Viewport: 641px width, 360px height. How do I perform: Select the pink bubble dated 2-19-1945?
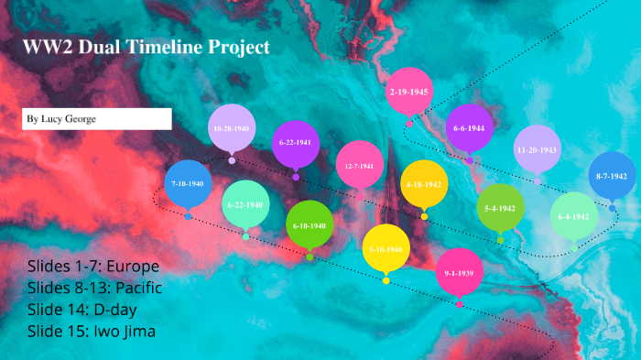point(409,92)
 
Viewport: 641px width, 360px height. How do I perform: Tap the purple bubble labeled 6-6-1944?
point(469,128)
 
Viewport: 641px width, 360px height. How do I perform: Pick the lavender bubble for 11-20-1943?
point(537,149)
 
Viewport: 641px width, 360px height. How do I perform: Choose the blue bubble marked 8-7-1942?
point(611,176)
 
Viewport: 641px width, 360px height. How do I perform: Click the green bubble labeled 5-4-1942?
point(500,208)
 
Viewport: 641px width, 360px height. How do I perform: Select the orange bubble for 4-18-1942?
point(424,184)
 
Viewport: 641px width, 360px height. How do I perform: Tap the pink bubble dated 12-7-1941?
point(360,166)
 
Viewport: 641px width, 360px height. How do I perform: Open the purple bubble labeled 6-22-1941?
point(297,143)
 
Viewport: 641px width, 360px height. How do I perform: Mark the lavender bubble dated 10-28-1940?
point(232,129)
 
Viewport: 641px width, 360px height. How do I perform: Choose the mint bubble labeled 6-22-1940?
point(245,204)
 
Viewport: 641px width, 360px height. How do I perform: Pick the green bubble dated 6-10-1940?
point(310,224)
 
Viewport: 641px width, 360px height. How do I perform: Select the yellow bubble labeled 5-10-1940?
point(386,248)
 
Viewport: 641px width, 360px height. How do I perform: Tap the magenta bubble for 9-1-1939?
point(459,272)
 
